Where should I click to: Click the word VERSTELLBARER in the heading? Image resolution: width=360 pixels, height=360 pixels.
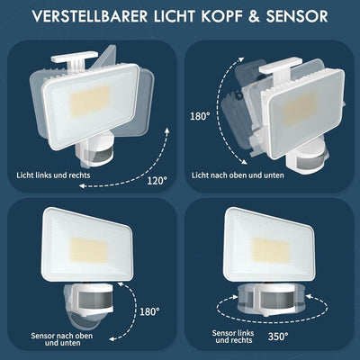coord(90,16)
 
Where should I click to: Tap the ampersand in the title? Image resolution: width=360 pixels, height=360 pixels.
coord(254,16)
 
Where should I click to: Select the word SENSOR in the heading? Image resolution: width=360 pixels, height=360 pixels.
coord(297,16)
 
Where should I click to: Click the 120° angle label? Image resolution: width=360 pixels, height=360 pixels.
coord(157,181)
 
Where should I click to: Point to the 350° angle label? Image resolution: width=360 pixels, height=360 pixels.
coord(278,337)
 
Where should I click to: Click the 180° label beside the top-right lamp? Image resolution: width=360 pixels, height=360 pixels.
coord(200,116)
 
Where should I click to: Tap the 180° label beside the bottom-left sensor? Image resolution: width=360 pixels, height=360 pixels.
coord(149,311)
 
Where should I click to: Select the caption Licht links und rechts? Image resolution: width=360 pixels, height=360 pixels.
coord(53,175)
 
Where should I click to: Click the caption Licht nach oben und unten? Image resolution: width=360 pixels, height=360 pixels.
coord(238,175)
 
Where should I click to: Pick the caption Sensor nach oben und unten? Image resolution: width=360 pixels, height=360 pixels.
coord(62,339)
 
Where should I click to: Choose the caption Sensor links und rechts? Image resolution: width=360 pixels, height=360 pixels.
coord(233,337)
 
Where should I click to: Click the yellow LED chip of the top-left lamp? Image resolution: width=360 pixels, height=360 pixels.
coord(90,101)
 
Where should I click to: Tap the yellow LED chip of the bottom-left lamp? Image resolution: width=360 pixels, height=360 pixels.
coord(89,250)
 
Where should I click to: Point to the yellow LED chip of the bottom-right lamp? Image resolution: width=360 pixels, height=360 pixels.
coord(271,250)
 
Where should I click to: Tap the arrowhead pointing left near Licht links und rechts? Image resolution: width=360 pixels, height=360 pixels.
coord(82,186)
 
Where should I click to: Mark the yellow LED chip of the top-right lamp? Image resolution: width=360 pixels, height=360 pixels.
coord(301,109)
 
